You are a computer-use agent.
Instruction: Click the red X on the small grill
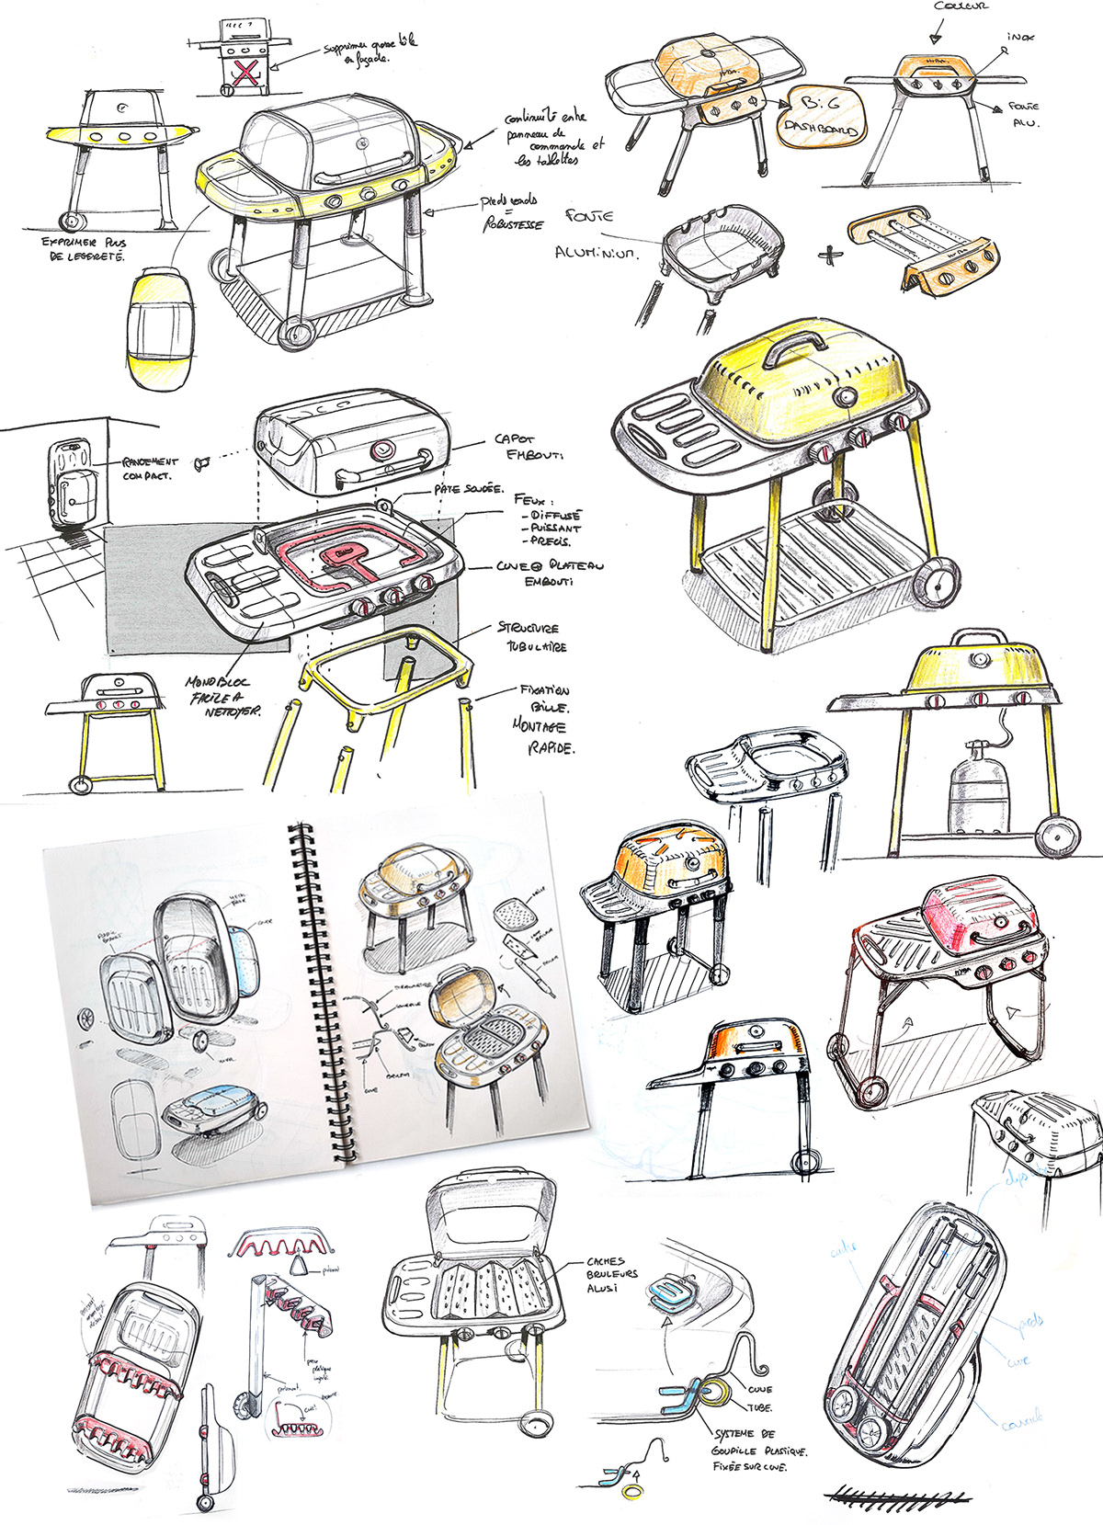tap(244, 72)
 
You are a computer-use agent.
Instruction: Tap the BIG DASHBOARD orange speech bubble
tap(820, 117)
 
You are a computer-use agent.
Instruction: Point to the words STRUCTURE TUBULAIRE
tap(531, 637)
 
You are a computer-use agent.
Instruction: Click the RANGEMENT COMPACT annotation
tap(149, 469)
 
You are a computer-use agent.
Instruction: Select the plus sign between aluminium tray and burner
tap(829, 254)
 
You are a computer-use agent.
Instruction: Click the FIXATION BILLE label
tap(545, 699)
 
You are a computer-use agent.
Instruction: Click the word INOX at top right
tap(1020, 37)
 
